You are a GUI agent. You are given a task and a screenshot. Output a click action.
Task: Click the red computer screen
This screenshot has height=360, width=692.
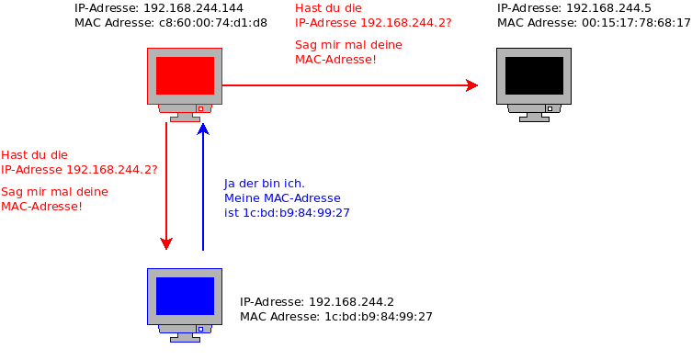[x=185, y=75]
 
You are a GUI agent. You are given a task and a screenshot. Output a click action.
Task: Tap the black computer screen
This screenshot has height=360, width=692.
[x=534, y=75]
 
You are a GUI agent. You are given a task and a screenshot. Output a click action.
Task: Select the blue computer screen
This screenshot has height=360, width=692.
[x=185, y=296]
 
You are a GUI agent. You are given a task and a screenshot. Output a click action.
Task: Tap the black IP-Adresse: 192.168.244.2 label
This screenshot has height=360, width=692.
[x=317, y=302]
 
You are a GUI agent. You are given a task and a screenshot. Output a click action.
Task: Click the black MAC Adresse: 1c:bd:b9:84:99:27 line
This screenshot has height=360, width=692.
[x=336, y=317]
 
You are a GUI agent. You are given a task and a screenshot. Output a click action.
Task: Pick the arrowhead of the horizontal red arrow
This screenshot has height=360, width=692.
[x=472, y=85]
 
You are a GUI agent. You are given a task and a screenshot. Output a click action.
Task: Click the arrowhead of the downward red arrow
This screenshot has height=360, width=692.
[x=166, y=243]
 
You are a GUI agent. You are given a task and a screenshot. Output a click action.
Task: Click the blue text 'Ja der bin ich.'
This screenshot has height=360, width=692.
[x=265, y=184]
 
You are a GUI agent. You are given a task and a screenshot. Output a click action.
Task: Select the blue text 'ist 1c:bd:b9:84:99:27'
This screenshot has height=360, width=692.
[x=287, y=213]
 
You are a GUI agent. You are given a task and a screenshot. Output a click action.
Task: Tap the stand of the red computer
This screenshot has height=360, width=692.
[x=185, y=114]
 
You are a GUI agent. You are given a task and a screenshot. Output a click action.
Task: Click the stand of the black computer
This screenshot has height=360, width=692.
[x=534, y=114]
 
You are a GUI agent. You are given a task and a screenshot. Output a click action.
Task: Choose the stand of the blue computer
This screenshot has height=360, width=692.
[x=185, y=334]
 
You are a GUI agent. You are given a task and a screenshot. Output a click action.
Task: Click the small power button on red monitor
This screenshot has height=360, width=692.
[x=200, y=107]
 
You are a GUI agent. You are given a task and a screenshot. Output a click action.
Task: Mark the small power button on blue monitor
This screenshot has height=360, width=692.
[x=200, y=328]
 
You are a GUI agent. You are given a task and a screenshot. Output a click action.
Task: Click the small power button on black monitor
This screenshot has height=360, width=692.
[x=550, y=107]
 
